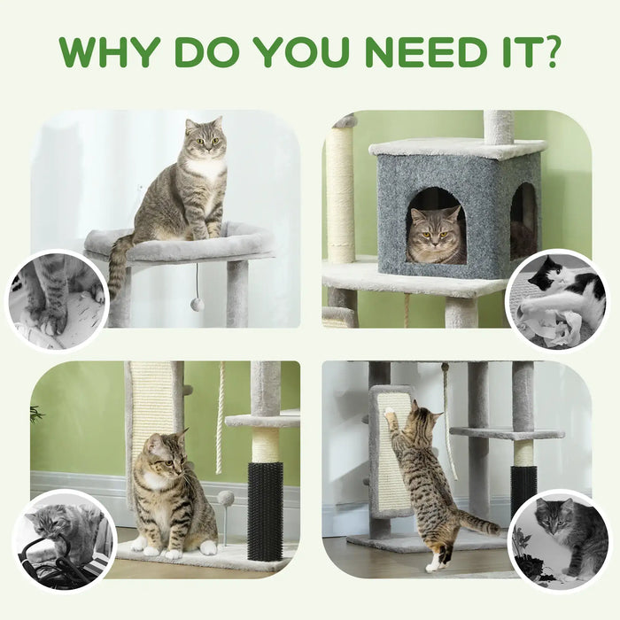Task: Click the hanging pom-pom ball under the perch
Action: point(198,304)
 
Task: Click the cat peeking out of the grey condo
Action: point(436,236)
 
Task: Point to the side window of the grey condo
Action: point(523,221)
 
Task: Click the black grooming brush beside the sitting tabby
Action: point(265,510)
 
